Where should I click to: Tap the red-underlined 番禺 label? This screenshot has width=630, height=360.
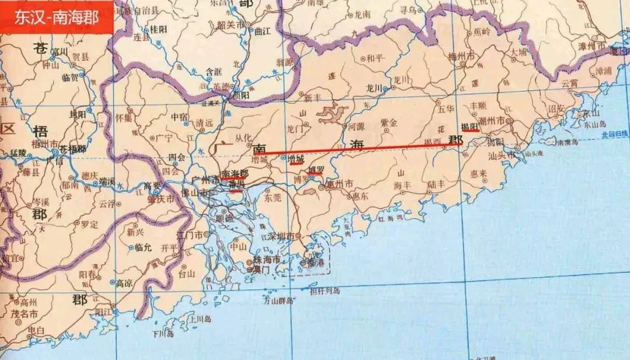(236, 184)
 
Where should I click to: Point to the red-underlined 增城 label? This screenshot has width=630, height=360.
(296, 159)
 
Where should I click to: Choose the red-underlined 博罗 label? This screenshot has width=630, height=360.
(315, 170)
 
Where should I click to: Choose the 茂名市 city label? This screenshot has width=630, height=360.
(26, 314)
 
